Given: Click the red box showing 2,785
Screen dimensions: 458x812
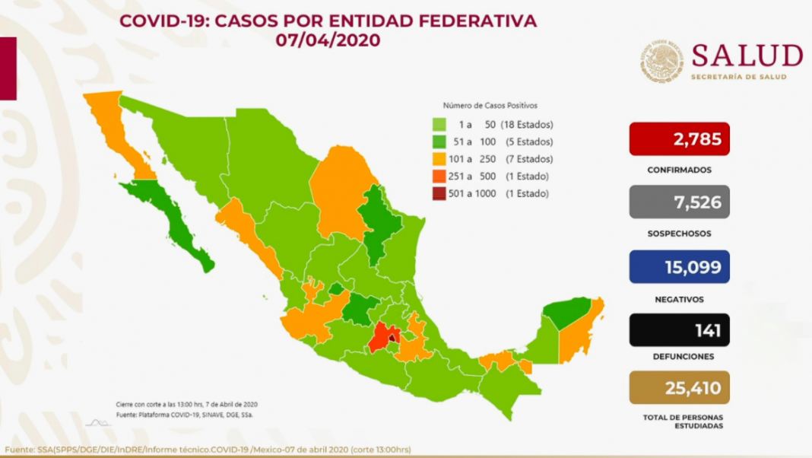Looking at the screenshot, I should tap(679, 138).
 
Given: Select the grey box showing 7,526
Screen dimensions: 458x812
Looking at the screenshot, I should tap(679, 202).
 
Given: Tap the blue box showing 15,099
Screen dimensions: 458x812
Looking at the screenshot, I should tap(679, 267).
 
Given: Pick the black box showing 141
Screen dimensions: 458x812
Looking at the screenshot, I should tap(679, 331).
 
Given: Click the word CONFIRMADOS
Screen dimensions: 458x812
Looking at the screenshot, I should tap(679, 170).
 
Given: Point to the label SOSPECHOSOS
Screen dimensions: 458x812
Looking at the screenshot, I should tap(679, 234).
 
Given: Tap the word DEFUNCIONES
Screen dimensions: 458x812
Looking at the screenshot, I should tap(679, 356).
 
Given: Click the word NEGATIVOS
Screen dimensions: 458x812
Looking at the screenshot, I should tap(679, 299).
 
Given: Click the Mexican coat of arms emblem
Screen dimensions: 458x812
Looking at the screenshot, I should tap(661, 62).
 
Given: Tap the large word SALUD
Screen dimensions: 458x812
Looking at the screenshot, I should tap(747, 56).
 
